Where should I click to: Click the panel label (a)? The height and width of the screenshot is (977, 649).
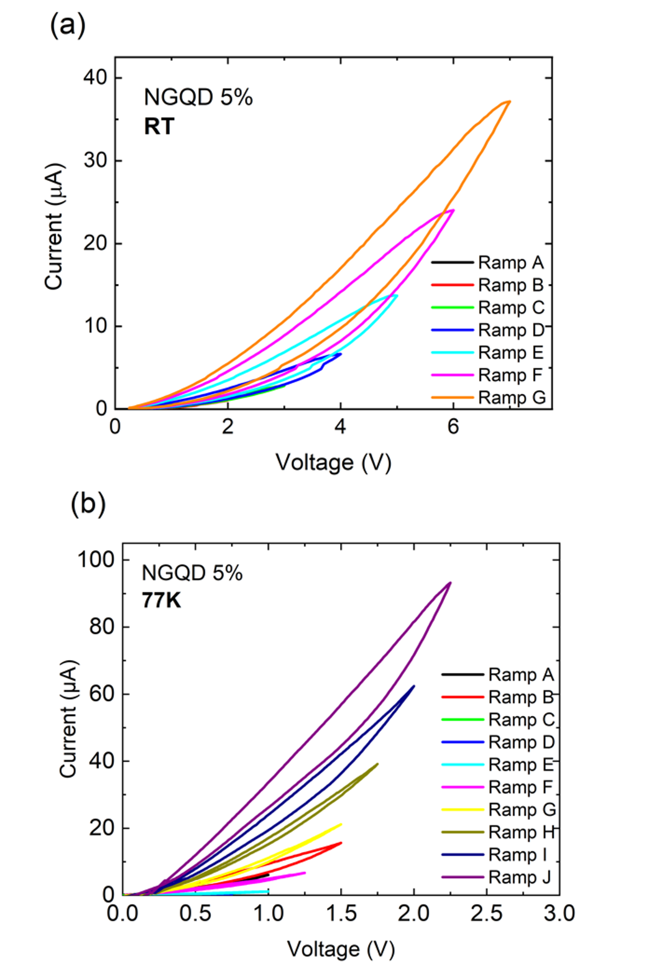(x=67, y=25)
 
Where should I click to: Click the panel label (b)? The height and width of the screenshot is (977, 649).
(x=88, y=503)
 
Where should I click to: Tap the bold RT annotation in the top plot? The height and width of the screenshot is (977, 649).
(x=159, y=126)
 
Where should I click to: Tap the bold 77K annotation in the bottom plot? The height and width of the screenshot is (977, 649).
(x=161, y=600)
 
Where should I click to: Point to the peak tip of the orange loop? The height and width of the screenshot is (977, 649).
(x=510, y=101)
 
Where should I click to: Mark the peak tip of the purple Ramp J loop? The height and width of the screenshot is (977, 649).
(x=450, y=583)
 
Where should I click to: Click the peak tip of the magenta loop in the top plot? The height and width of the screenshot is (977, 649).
(x=453, y=210)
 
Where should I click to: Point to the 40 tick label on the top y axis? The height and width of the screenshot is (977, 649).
(x=95, y=78)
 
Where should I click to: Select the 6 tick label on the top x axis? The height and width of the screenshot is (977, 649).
(x=453, y=427)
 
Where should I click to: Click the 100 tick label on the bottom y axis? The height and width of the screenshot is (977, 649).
(x=95, y=559)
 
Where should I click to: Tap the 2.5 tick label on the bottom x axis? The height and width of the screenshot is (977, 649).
(x=486, y=913)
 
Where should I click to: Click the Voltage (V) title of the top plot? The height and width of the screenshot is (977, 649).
(x=333, y=462)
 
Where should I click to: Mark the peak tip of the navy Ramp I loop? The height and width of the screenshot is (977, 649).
(x=414, y=686)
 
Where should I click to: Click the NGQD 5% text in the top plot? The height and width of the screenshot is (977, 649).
(x=198, y=97)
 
